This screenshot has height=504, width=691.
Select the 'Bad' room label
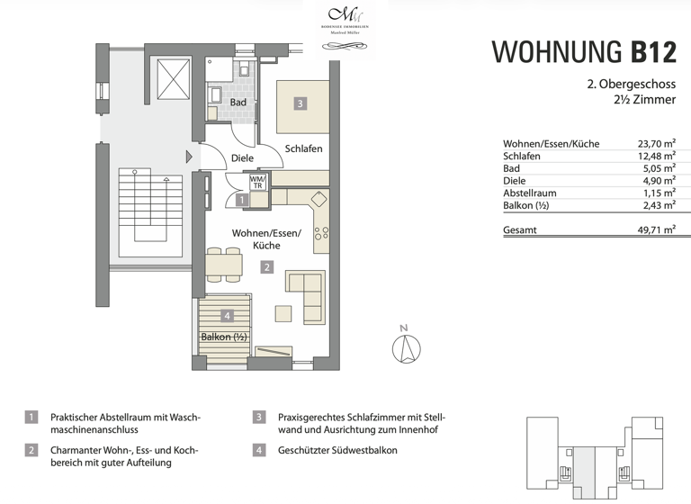238,103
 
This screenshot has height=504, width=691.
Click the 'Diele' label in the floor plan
242,157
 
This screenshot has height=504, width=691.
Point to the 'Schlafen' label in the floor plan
303,148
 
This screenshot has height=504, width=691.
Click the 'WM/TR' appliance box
257,184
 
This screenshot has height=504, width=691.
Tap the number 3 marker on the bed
301,103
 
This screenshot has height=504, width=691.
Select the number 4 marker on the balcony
228,315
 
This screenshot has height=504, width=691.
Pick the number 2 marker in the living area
267,266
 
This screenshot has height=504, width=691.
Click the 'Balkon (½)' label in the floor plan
224,337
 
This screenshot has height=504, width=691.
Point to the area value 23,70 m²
656,144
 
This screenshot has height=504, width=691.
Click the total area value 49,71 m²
656,230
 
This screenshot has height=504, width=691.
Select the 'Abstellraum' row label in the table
530,193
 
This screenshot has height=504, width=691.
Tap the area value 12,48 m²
656,156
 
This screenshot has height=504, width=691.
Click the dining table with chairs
224,265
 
